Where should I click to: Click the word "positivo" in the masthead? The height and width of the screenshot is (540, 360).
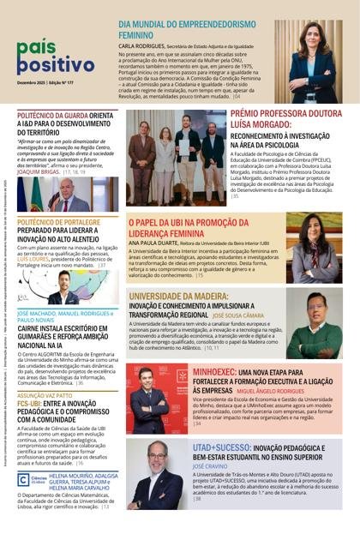53,64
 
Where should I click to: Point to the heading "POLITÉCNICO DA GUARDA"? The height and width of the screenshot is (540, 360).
52,116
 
